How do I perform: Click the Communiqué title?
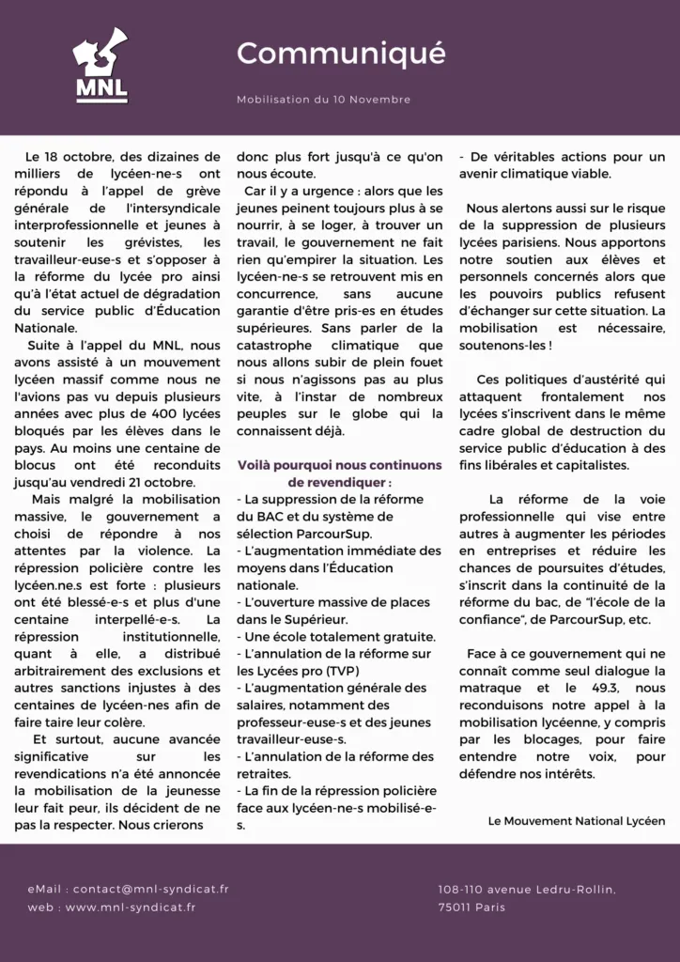(x=341, y=54)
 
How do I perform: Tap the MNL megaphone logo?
(x=101, y=66)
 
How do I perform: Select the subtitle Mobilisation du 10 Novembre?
(x=323, y=100)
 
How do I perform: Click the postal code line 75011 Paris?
(x=471, y=907)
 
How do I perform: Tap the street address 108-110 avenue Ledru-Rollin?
(x=527, y=889)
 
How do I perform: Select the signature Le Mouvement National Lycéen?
(x=577, y=821)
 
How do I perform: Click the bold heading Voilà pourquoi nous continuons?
(x=339, y=465)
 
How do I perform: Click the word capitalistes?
(x=590, y=465)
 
